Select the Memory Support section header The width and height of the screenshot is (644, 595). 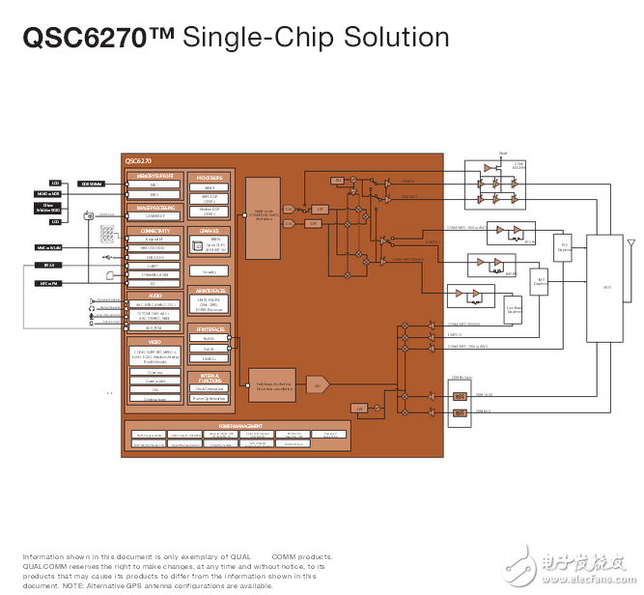coord(154,177)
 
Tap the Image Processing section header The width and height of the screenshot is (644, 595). coord(154,208)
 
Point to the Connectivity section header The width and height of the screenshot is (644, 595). coord(154,232)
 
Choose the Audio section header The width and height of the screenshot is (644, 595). coord(154,296)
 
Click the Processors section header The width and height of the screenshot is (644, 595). coord(210,178)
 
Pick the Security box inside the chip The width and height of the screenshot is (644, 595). coord(210,271)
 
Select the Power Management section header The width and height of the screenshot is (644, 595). coord(237,426)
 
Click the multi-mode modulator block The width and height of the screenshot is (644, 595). coord(263,218)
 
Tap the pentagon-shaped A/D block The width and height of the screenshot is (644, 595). coord(318,384)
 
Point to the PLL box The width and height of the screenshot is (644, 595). coord(338,181)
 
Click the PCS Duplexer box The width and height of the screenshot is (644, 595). coord(564,246)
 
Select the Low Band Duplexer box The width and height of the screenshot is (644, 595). coord(515,310)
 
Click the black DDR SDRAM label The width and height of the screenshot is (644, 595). coord(92,184)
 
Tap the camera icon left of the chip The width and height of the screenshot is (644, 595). coord(88,214)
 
